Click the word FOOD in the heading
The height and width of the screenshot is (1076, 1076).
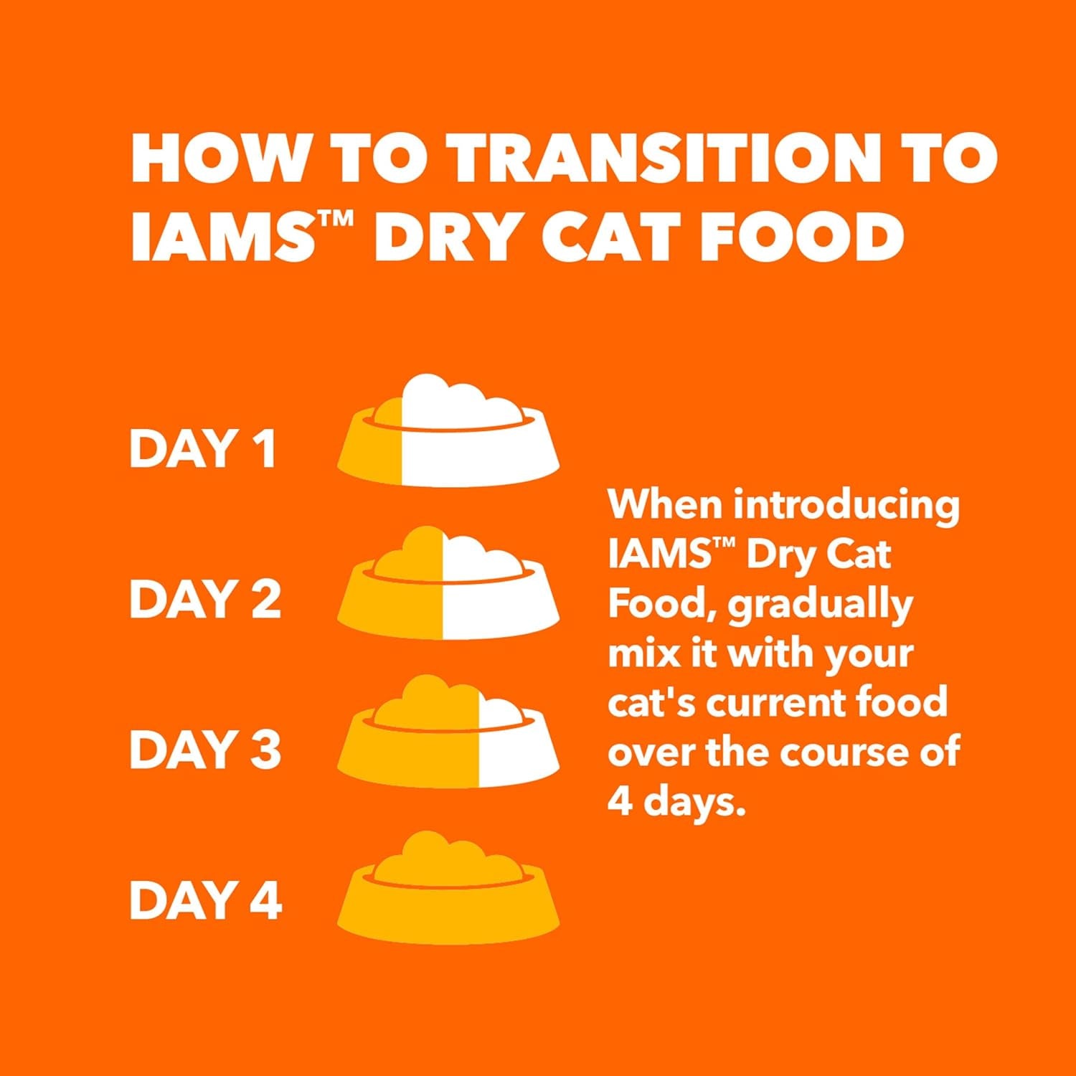[801, 236]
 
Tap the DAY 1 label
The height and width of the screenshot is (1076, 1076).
[203, 448]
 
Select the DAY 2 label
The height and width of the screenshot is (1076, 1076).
[205, 599]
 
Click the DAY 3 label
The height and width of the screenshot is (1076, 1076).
[205, 750]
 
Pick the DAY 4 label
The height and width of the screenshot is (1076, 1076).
[205, 900]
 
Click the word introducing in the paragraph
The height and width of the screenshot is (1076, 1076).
[846, 506]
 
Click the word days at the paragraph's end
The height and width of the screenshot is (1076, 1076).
[694, 802]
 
